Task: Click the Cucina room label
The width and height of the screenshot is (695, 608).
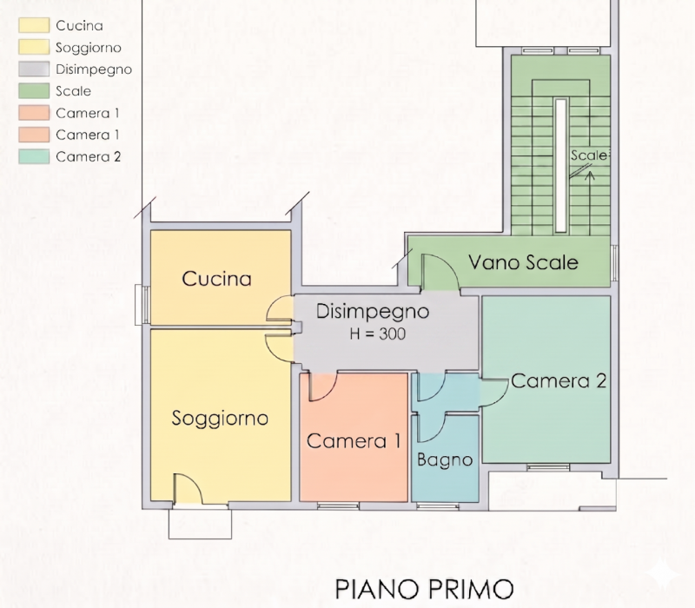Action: (x=216, y=279)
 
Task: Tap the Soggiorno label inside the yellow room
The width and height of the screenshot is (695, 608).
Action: (x=220, y=419)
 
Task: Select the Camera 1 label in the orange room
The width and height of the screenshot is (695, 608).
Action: (x=354, y=441)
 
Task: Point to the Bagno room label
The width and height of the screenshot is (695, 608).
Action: (x=445, y=460)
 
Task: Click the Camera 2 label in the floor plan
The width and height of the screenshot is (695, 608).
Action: (x=559, y=380)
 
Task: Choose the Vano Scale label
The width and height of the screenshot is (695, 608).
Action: (x=524, y=262)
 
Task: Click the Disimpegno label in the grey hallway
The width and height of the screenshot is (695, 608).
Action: (x=373, y=313)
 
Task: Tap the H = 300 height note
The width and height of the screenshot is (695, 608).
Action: (x=378, y=334)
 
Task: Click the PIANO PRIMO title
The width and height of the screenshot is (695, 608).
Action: (x=424, y=589)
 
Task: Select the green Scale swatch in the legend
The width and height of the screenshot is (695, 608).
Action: (x=34, y=91)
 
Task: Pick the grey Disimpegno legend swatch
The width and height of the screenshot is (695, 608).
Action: (x=34, y=69)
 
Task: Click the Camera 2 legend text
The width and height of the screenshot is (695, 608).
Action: (x=89, y=157)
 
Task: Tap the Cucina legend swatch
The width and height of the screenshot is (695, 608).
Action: (x=34, y=25)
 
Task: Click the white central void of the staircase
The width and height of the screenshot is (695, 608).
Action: (x=560, y=166)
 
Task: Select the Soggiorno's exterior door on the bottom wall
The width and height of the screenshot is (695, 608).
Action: (x=188, y=489)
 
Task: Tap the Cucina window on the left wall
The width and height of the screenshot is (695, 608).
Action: (x=142, y=305)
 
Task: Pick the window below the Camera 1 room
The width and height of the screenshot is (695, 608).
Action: (x=338, y=506)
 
